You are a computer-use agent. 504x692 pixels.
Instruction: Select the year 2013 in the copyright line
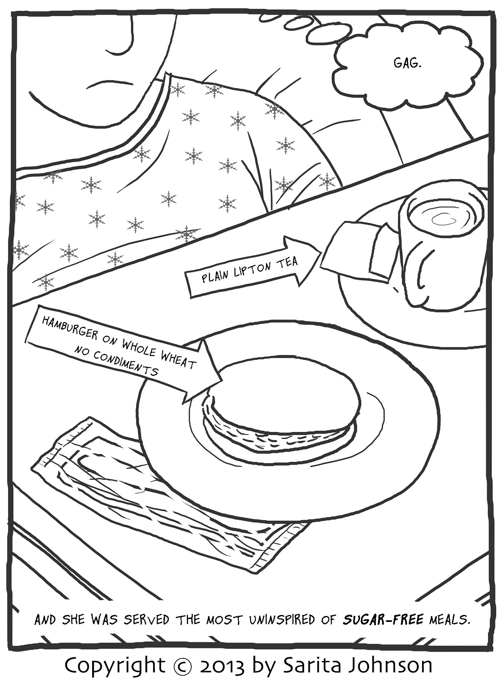click(222, 665)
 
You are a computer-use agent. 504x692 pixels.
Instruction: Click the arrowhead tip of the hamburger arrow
click(221, 381)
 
